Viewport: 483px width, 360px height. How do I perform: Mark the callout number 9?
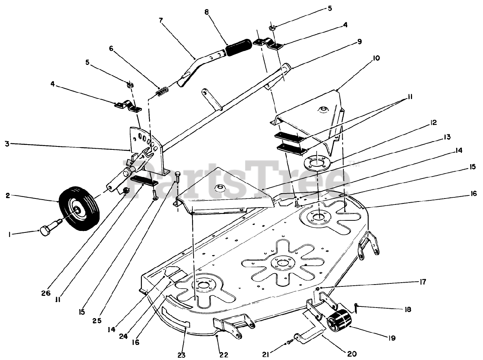[359, 42]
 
